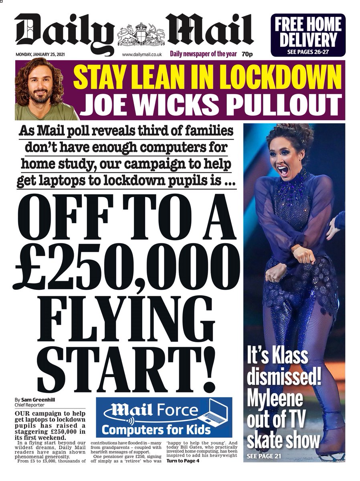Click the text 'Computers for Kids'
[x=156, y=430]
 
